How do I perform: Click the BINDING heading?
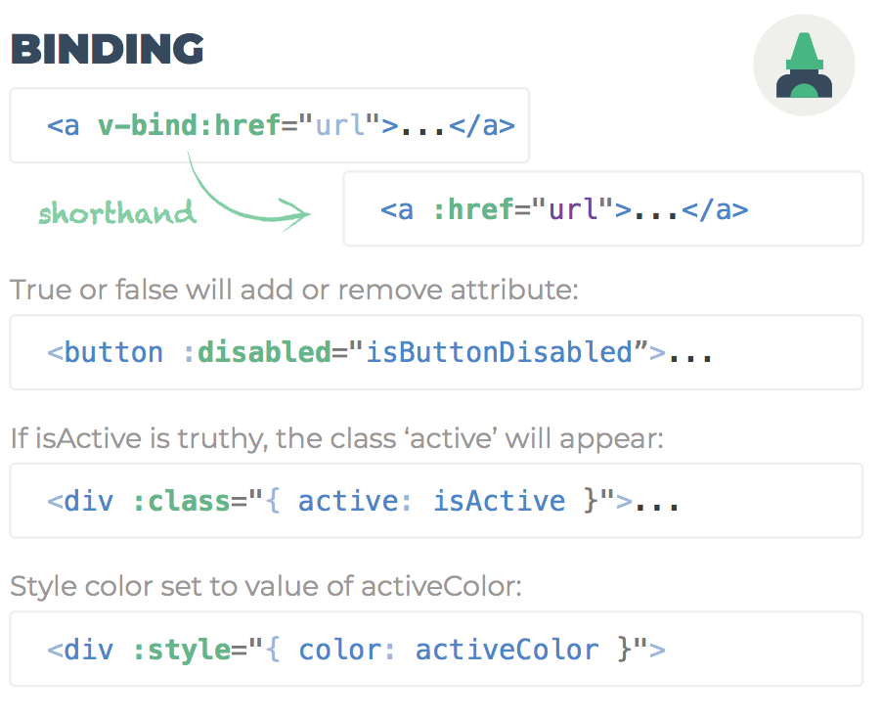tap(108, 49)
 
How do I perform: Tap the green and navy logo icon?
tap(804, 67)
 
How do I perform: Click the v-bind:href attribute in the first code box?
tap(189, 126)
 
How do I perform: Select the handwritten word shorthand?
tap(117, 212)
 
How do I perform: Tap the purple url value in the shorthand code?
tap(573, 209)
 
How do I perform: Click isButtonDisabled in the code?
tap(499, 352)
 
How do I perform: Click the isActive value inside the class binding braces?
tap(499, 501)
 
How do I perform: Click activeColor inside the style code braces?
tap(507, 650)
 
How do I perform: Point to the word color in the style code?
tap(337, 650)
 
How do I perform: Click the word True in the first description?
tap(35, 291)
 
